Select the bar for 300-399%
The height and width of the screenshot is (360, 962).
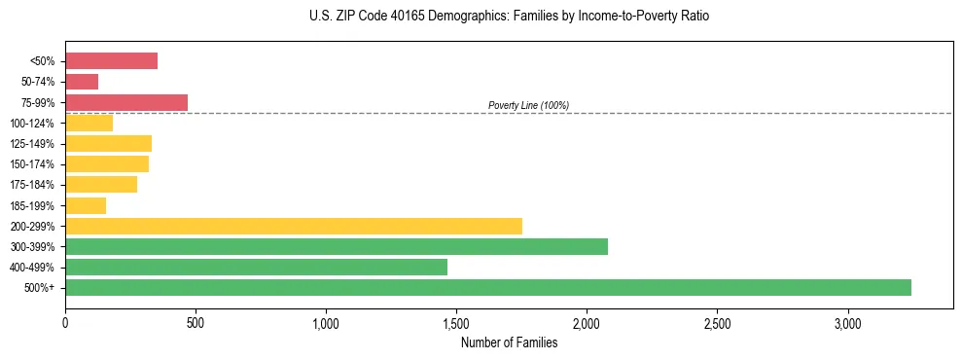point(337,246)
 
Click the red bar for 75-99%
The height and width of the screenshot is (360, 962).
point(126,102)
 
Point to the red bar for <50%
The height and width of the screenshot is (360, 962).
point(111,61)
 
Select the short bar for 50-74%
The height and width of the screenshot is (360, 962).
point(82,82)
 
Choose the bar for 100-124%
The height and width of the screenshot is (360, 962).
point(89,123)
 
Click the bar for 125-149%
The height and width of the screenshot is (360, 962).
point(108,143)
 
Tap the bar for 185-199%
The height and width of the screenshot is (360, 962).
point(86,205)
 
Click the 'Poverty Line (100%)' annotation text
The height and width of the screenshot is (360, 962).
point(528,105)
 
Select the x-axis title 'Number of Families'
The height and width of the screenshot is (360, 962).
point(509,342)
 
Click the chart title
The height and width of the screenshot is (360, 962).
point(509,17)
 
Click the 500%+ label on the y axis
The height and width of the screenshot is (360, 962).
point(41,288)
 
